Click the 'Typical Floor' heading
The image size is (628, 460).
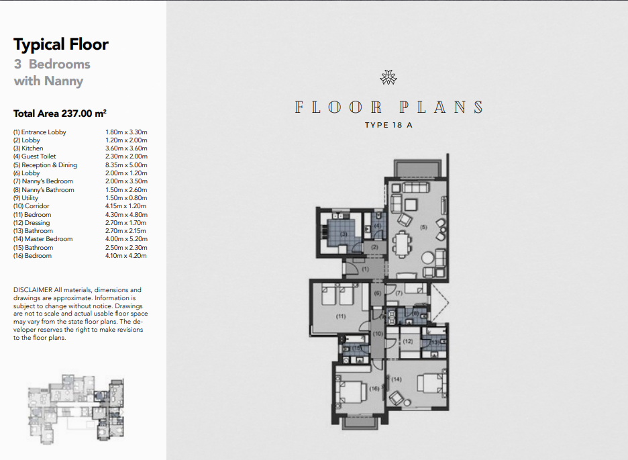pos(61,44)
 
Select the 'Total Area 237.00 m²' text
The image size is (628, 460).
pos(60,113)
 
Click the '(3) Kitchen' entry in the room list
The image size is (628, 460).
pos(28,148)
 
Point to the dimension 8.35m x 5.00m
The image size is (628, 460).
pos(126,165)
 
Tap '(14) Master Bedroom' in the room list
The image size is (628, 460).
pos(43,239)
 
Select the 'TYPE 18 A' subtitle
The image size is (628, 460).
pos(388,125)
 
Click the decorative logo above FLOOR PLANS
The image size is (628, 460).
pos(388,77)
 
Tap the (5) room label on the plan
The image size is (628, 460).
pos(423,227)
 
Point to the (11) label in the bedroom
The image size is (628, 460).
pos(340,316)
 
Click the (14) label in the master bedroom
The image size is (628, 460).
pos(396,379)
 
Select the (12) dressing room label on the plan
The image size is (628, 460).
pos(408,341)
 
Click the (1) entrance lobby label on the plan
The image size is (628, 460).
pos(365,269)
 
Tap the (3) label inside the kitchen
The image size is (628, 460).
pos(344,234)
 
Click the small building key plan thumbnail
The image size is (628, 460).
pos(76,409)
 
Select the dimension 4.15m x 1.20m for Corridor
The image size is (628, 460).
pos(125,206)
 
